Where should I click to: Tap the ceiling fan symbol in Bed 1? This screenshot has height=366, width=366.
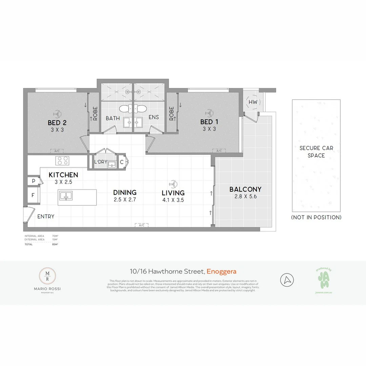[x=208, y=113]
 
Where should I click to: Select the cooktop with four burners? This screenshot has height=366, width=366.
[x=62, y=160]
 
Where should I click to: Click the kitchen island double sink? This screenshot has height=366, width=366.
[x=65, y=195]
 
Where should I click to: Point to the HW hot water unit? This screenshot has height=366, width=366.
[x=253, y=102]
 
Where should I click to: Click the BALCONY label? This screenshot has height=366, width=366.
[x=245, y=189]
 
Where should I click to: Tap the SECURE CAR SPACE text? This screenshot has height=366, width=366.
[x=316, y=152]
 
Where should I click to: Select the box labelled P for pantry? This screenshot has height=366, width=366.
[x=34, y=181]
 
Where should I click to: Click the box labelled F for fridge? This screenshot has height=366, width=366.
[x=33, y=195]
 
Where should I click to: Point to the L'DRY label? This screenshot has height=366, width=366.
[x=101, y=162]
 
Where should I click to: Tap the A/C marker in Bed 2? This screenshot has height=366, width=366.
[x=57, y=151]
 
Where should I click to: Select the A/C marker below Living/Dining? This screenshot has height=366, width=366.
[x=141, y=225]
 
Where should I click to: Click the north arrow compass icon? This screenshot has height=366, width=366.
[x=287, y=280]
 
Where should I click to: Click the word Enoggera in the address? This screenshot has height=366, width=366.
[x=221, y=271]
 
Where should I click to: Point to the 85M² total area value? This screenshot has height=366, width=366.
[x=55, y=244]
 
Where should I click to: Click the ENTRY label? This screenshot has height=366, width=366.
[x=46, y=217]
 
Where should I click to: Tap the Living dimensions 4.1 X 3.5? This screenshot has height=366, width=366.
[x=173, y=200]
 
